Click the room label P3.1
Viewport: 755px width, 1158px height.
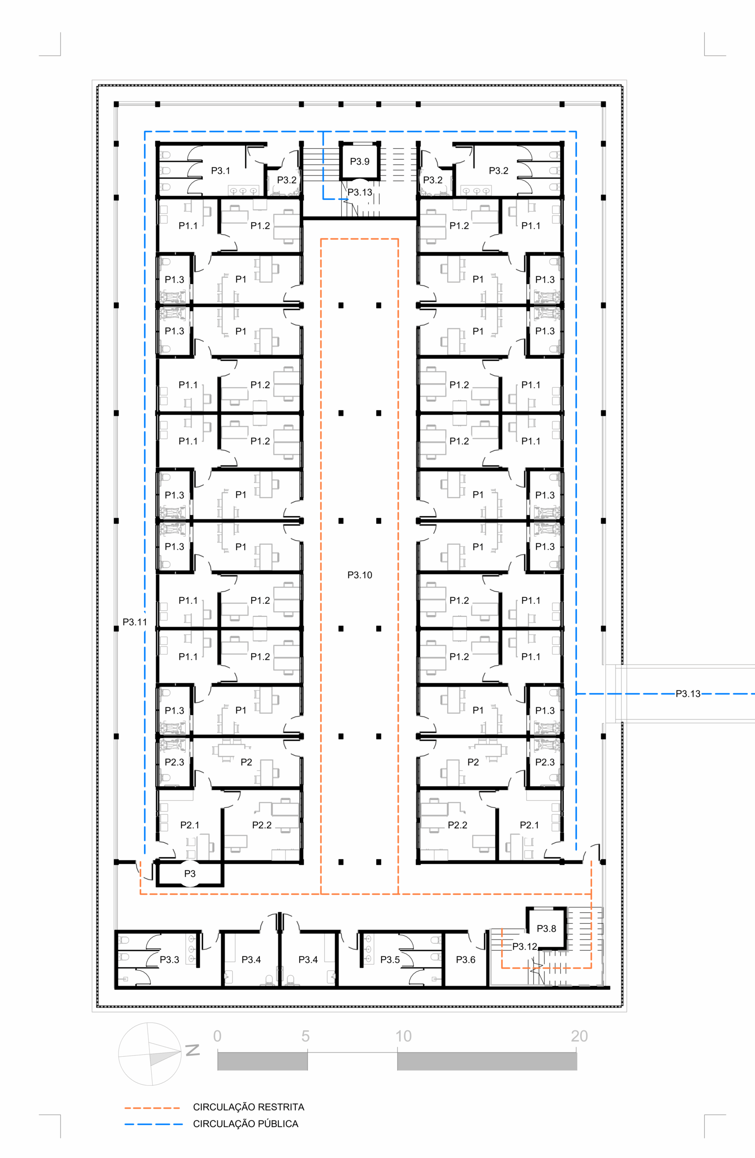point(220,171)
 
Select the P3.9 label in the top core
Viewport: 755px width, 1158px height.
point(360,161)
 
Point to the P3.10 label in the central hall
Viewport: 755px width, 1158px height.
point(360,575)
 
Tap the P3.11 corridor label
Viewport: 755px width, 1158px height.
point(134,622)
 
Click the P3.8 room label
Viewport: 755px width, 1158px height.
point(546,928)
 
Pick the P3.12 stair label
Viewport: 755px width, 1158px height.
point(525,946)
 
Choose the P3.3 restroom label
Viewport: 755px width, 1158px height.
point(169,959)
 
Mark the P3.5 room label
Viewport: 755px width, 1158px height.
point(390,959)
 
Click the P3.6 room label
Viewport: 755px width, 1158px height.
point(465,959)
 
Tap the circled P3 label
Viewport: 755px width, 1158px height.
point(190,874)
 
